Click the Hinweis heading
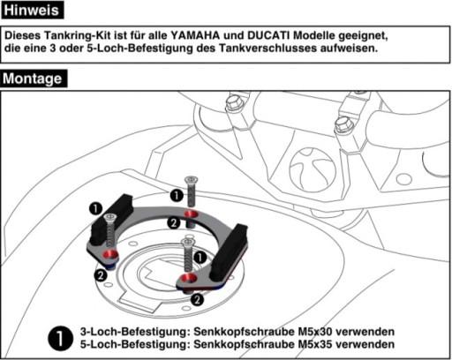click(x=33, y=11)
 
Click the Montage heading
click(x=34, y=79)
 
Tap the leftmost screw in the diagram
click(x=110, y=229)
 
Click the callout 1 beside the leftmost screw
click(x=94, y=208)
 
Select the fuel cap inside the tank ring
click(x=160, y=269)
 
